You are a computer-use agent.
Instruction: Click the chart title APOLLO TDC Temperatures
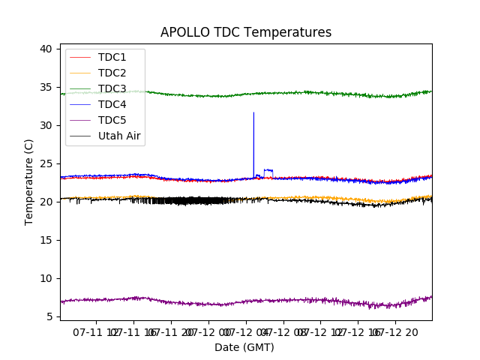pos(246,32)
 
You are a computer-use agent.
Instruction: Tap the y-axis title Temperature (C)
pos(29,181)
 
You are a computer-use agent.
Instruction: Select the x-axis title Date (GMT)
pos(244,347)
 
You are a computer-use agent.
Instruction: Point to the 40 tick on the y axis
pos(46,49)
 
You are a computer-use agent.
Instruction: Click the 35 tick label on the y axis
pos(46,87)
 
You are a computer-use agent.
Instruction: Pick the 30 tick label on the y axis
pos(46,125)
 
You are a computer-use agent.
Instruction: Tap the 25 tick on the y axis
pos(46,163)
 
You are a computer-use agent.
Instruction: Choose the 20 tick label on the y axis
pos(46,202)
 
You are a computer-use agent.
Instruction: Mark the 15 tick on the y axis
pos(46,240)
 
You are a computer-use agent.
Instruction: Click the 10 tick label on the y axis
pos(46,278)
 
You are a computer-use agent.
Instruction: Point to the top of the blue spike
pos(253,113)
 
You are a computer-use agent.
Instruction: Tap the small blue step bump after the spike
pos(268,170)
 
